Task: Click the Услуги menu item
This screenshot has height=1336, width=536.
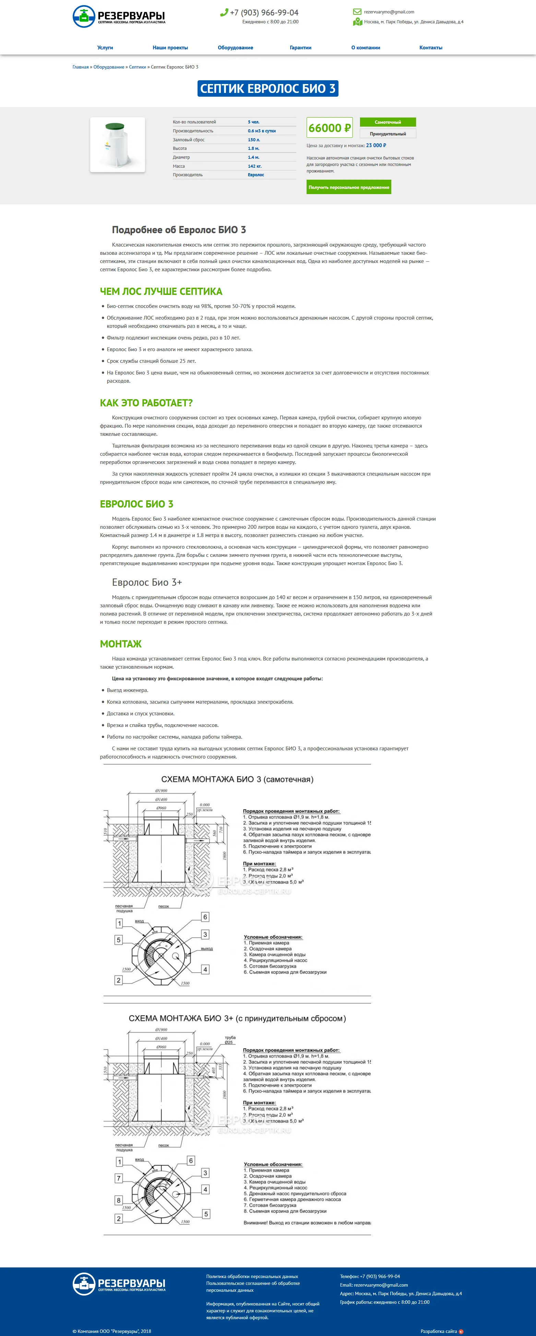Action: [105, 48]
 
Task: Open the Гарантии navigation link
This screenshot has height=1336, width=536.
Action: [300, 48]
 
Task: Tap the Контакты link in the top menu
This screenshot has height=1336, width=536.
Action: [431, 48]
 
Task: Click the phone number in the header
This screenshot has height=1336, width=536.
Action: [264, 12]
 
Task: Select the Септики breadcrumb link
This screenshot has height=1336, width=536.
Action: [138, 67]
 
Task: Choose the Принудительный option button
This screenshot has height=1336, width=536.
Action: [388, 134]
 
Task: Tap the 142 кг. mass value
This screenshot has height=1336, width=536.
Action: [255, 166]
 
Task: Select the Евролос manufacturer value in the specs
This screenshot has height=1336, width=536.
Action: [256, 175]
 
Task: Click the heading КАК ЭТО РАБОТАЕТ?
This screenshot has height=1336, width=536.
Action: [146, 403]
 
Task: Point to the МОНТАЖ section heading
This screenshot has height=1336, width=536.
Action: [121, 644]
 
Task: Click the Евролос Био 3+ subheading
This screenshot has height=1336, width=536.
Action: [147, 582]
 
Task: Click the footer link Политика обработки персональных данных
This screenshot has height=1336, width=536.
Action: [252, 1276]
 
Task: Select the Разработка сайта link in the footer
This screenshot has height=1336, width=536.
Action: [439, 1331]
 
